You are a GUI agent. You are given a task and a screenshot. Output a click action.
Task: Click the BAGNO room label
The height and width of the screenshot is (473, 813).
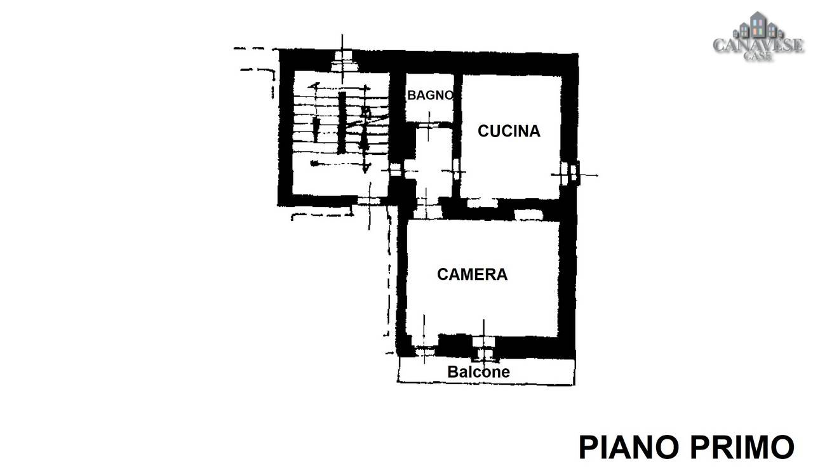point(431,95)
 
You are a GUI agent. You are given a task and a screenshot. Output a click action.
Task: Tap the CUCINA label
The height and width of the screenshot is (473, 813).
point(509,131)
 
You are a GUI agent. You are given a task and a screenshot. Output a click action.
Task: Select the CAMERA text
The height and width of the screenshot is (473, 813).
point(472,274)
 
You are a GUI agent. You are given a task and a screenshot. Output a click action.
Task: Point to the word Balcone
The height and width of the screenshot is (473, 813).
point(478,372)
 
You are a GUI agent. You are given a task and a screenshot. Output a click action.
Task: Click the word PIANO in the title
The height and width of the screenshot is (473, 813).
point(631,448)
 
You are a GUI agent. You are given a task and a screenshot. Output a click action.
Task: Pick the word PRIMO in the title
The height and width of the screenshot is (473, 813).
point(742,448)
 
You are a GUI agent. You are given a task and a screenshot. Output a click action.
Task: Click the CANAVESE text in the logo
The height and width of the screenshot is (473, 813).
point(758,45)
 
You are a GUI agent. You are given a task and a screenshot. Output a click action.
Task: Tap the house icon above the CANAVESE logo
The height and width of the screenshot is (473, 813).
point(756,25)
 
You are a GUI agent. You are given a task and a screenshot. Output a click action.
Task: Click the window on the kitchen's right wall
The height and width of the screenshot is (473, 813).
point(568,173)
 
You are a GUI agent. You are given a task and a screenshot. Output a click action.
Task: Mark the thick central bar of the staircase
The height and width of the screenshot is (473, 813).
point(342,123)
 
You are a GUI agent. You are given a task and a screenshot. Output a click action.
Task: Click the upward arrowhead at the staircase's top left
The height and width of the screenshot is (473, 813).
point(314,86)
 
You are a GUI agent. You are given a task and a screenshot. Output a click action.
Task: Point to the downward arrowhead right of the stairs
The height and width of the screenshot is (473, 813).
point(366,168)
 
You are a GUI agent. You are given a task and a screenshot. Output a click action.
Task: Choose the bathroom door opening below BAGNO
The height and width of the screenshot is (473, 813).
point(428,125)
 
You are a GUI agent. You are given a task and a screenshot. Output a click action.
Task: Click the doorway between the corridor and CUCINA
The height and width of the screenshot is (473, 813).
point(457,171)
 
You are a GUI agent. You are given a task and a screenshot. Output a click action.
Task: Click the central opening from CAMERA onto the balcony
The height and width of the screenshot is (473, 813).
point(483,348)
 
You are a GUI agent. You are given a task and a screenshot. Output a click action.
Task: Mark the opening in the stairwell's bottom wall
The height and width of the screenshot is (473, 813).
point(369,201)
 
